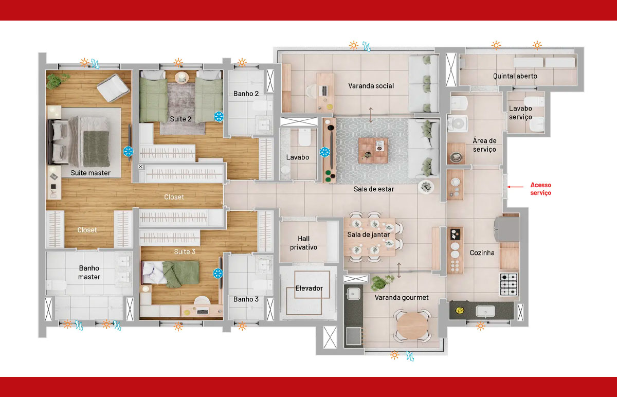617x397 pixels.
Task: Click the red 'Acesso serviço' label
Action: pyautogui.click(x=541, y=189)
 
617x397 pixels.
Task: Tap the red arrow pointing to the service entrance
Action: pyautogui.click(x=515, y=187)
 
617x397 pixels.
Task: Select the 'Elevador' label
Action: pyautogui.click(x=309, y=288)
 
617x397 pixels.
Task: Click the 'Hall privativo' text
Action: pyautogui.click(x=303, y=243)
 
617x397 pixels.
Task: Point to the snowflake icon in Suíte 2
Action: pyautogui.click(x=219, y=117)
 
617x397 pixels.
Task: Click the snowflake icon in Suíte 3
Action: pyautogui.click(x=217, y=273)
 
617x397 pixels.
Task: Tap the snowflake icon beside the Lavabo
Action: pyautogui.click(x=325, y=152)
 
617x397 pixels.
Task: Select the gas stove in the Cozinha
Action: pyautogui.click(x=509, y=284)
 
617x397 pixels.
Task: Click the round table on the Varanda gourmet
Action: pyautogui.click(x=412, y=326)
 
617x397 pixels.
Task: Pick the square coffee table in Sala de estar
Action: pyautogui.click(x=373, y=151)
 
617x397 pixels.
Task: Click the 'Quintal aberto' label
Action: pyautogui.click(x=515, y=76)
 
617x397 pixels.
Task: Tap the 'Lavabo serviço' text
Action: pyautogui.click(x=520, y=113)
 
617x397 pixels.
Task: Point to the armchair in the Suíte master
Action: pyautogui.click(x=113, y=87)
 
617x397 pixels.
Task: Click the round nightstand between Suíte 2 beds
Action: pyautogui.click(x=182, y=78)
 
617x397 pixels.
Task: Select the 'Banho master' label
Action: pyautogui.click(x=89, y=273)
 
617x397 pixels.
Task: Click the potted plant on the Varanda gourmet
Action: pyautogui.click(x=382, y=282)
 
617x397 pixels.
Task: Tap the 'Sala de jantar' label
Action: pyautogui.click(x=368, y=234)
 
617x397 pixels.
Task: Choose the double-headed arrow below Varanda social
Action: pyautogui.click(x=371, y=115)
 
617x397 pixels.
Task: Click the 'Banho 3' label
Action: pyautogui.click(x=246, y=299)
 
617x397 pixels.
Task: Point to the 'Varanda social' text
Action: pyautogui.click(x=371, y=86)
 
